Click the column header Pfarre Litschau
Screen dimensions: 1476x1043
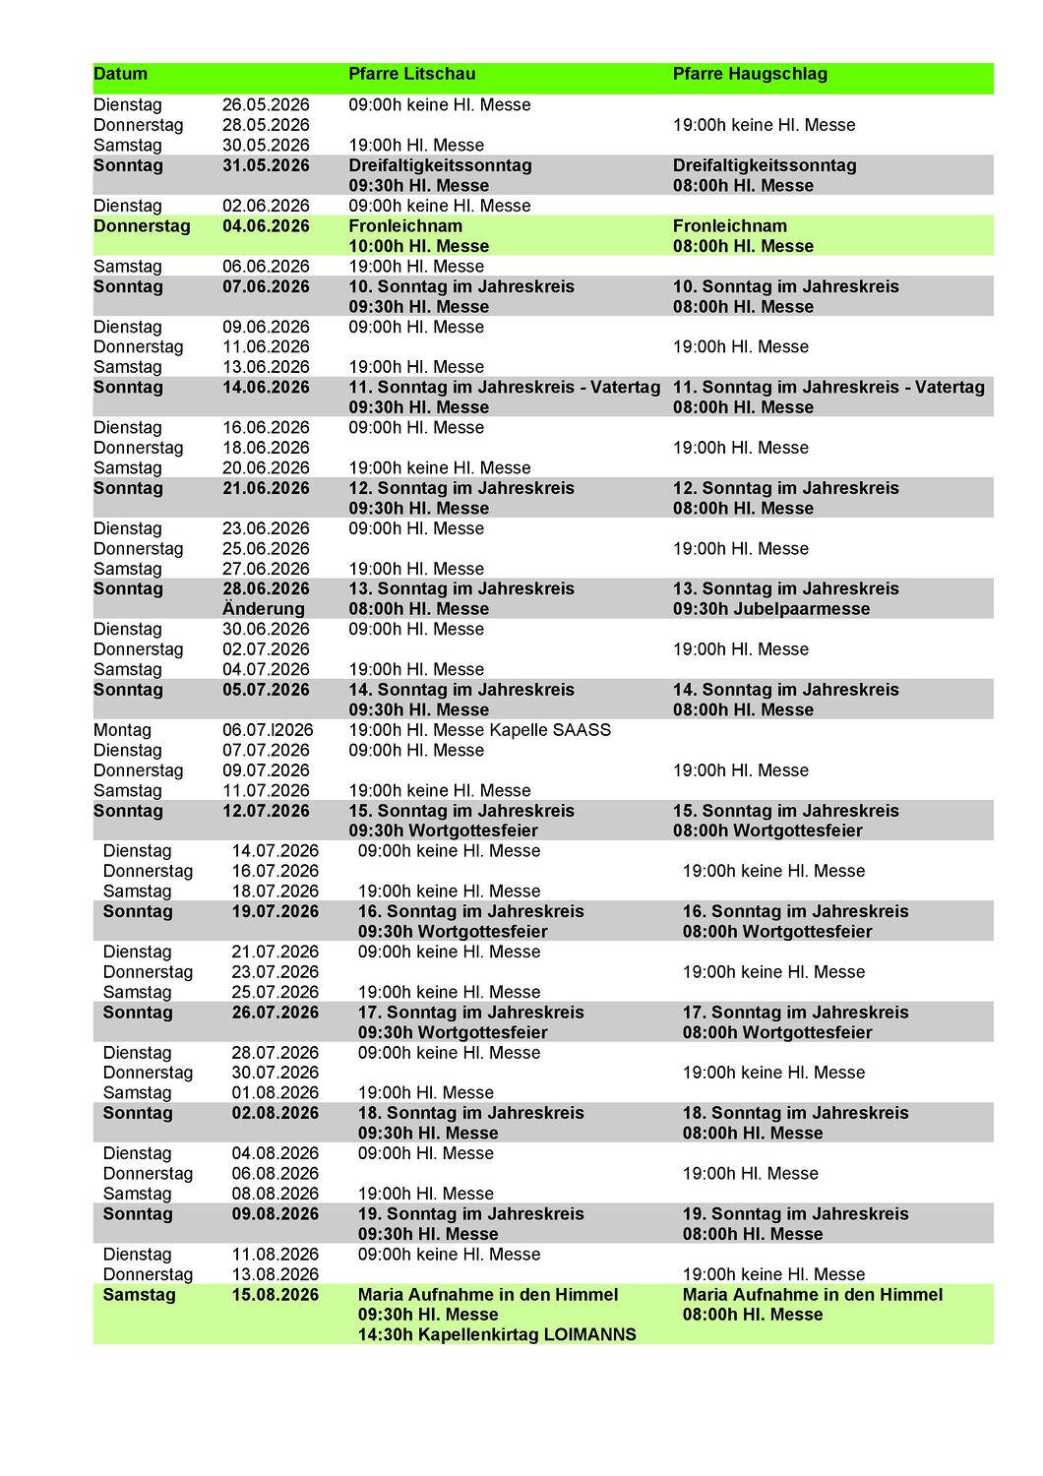pyautogui.click(x=411, y=74)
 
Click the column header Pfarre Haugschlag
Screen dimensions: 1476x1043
pyautogui.click(x=750, y=74)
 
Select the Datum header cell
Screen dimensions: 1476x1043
pyautogui.click(x=120, y=74)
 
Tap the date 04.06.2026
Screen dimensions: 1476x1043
pyautogui.click(x=266, y=226)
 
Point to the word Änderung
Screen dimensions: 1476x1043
pyautogui.click(x=264, y=609)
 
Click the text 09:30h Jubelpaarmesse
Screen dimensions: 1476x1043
pyautogui.click(x=770, y=609)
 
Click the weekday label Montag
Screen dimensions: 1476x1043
pyautogui.click(x=122, y=730)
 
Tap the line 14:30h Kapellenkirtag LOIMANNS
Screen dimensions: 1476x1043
pyautogui.click(x=497, y=1335)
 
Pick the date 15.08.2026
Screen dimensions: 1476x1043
pyautogui.click(x=276, y=1295)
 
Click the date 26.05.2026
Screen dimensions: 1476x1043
pyautogui.click(x=266, y=105)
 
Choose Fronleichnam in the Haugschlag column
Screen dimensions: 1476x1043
pyautogui.click(x=729, y=226)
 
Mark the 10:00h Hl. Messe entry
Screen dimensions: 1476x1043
pyautogui.click(x=418, y=246)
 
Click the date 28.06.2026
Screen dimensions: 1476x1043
pyautogui.click(x=266, y=589)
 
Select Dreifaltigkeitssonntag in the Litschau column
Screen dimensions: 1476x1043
pyautogui.click(x=440, y=165)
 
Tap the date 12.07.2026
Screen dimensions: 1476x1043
pyautogui.click(x=266, y=811)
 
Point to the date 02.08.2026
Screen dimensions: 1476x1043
pyautogui.click(x=276, y=1113)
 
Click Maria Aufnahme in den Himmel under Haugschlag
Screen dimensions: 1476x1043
pyautogui.click(x=812, y=1295)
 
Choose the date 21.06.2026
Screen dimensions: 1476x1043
pyautogui.click(x=266, y=488)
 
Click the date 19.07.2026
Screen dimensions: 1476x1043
pyautogui.click(x=276, y=911)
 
